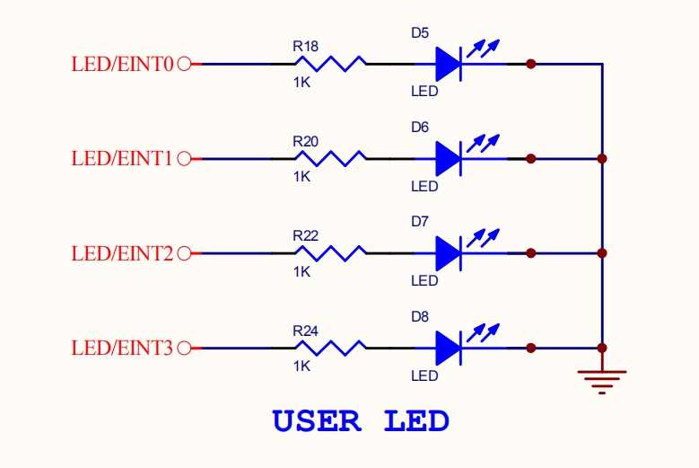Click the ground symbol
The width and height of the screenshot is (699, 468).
tap(602, 381)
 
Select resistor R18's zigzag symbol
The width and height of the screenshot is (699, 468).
tap(330, 64)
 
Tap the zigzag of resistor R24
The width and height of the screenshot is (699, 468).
tap(330, 348)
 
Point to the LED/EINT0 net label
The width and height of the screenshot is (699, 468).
tap(122, 64)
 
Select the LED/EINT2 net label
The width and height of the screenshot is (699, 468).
tap(122, 253)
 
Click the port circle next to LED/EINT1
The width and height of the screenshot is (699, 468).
tap(185, 159)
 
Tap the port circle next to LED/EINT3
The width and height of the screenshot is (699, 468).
tap(185, 348)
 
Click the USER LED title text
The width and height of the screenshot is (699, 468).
tap(361, 420)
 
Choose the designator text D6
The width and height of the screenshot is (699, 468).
tap(420, 128)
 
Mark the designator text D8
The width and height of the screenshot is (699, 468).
tap(420, 316)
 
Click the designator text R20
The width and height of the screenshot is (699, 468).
tap(305, 141)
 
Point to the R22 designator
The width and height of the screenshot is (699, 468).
tap(305, 235)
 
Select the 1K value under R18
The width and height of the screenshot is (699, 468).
tap(301, 82)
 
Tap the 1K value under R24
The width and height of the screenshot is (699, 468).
tap(301, 366)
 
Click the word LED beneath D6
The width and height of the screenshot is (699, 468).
tap(424, 187)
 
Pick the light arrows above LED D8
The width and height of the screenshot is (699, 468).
tap(485, 329)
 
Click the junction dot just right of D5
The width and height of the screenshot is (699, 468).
tap(531, 64)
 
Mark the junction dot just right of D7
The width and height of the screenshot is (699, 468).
tap(531, 253)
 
